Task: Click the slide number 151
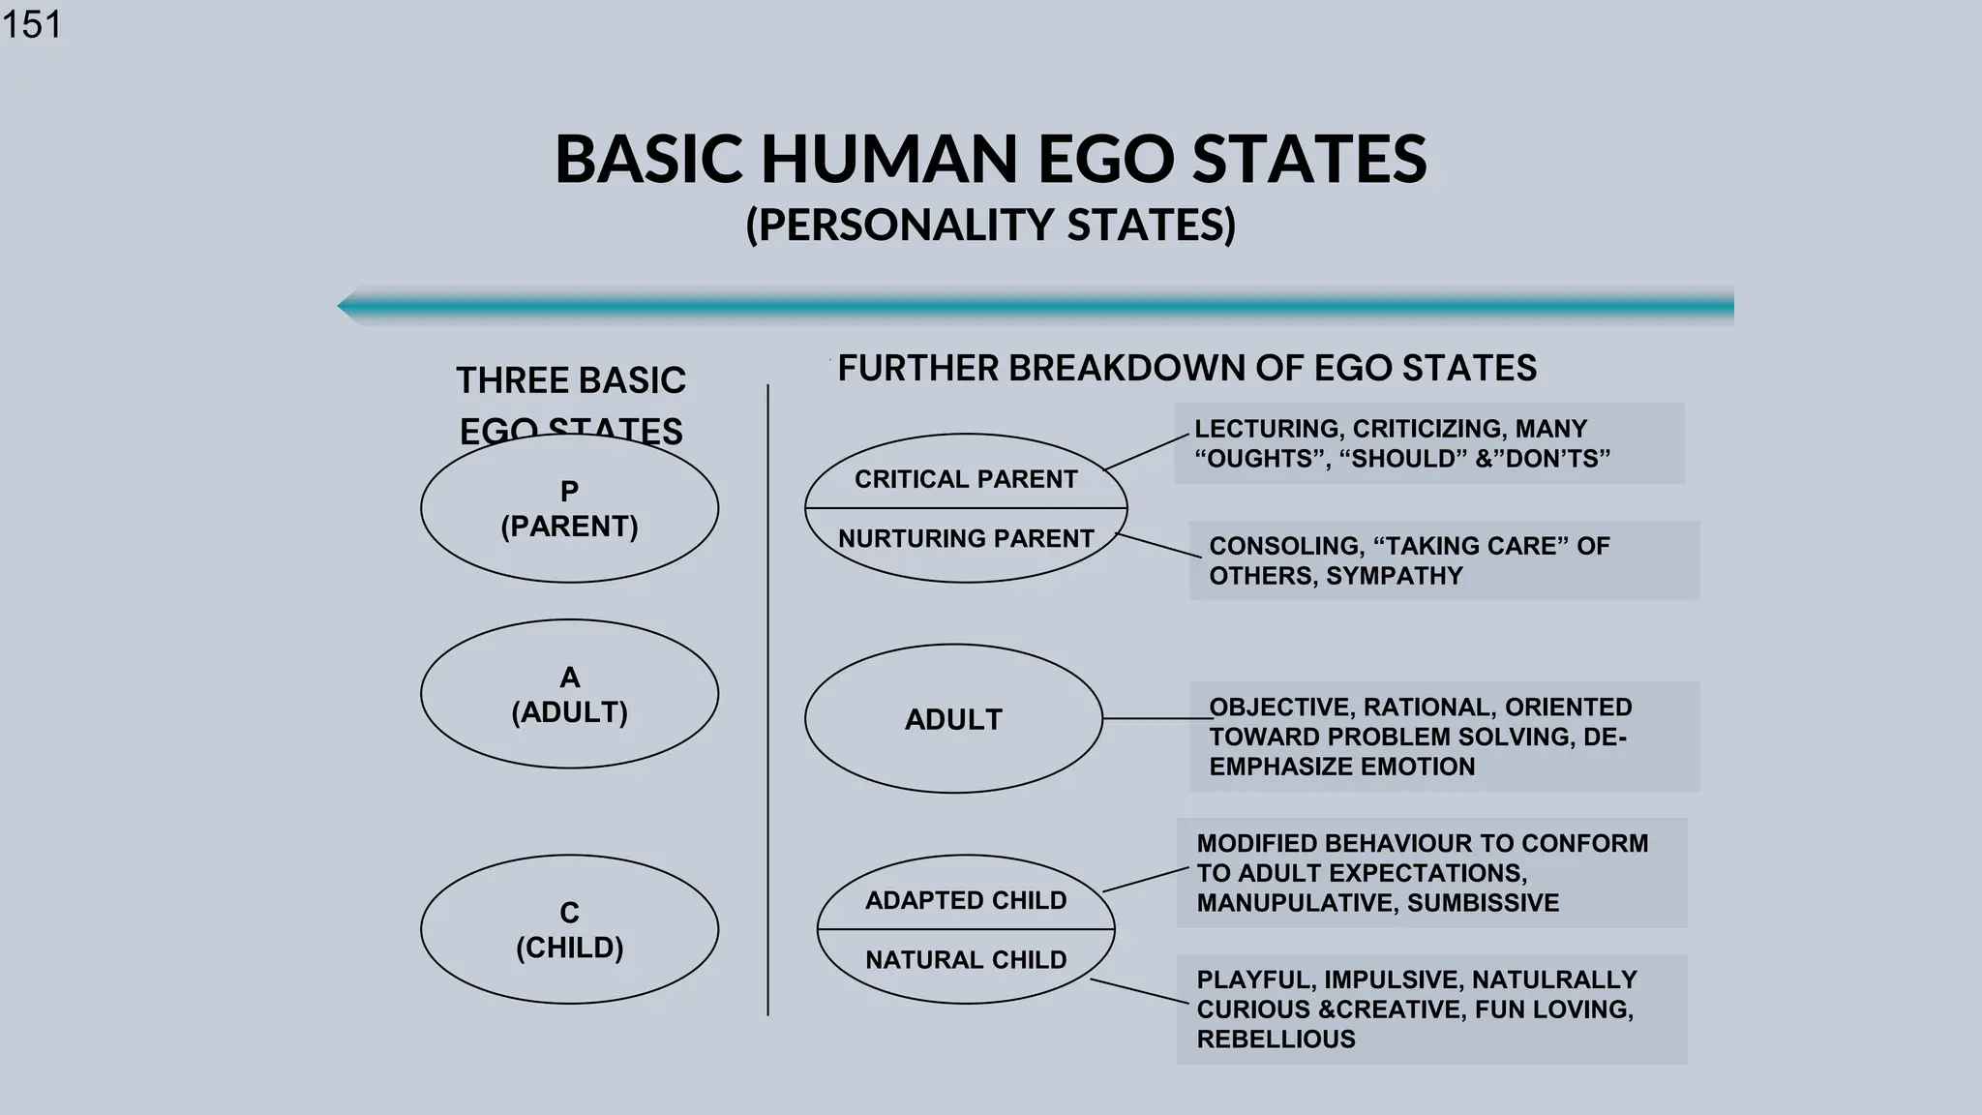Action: click(32, 23)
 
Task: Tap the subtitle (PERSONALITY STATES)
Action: click(990, 225)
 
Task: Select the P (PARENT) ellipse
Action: click(569, 508)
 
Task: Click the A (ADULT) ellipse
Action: click(569, 694)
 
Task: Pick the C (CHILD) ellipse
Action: click(569, 929)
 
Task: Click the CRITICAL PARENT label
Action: click(965, 479)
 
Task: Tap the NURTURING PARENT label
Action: click(965, 538)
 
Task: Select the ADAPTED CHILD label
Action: click(965, 900)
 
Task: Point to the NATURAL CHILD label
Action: click(965, 959)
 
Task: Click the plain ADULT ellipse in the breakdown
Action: click(953, 719)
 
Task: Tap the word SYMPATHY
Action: click(1394, 576)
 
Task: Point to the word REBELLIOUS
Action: click(1276, 1040)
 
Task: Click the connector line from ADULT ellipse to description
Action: click(1152, 719)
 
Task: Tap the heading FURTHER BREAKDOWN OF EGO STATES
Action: click(1186, 369)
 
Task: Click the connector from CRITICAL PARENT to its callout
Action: click(1147, 453)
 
